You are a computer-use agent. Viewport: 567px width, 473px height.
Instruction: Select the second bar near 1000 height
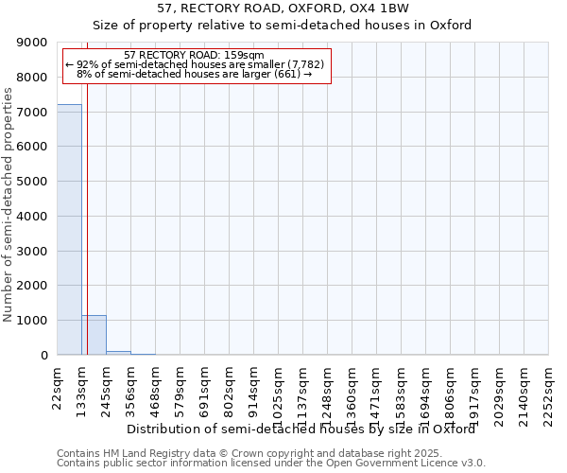94,335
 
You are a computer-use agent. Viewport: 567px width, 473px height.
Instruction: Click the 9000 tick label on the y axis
31,43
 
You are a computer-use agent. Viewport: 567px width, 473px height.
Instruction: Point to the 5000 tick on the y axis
31,182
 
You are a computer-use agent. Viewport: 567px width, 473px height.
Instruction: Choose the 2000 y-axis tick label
31,286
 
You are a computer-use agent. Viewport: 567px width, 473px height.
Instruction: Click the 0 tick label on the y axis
43,356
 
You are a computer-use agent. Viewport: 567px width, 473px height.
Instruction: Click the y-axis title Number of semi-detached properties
9,206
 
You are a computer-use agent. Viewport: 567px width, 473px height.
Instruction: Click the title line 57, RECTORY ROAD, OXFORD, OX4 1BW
284,9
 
